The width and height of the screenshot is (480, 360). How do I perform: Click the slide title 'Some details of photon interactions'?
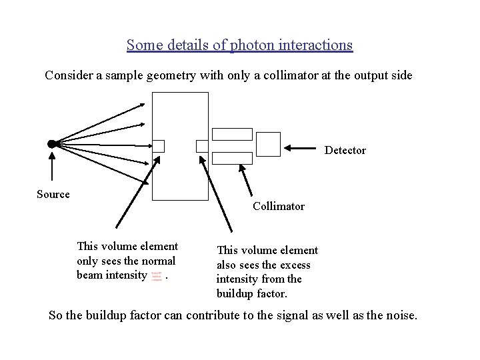click(x=239, y=45)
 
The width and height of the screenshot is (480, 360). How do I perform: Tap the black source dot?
click(x=51, y=144)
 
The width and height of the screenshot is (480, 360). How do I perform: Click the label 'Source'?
click(x=53, y=195)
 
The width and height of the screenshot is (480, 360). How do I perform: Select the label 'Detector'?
click(x=345, y=150)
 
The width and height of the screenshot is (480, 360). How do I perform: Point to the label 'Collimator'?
click(x=279, y=206)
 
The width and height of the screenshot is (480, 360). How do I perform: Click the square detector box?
click(x=269, y=144)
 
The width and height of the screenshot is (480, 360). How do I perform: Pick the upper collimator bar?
click(x=232, y=134)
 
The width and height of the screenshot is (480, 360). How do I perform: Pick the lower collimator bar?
click(x=232, y=158)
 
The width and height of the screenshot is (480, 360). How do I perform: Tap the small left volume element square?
click(x=158, y=146)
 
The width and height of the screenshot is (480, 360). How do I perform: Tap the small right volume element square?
click(x=202, y=146)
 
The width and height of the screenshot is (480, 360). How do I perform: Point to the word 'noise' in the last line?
click(x=398, y=315)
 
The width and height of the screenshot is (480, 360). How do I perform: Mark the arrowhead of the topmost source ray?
click(x=145, y=105)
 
